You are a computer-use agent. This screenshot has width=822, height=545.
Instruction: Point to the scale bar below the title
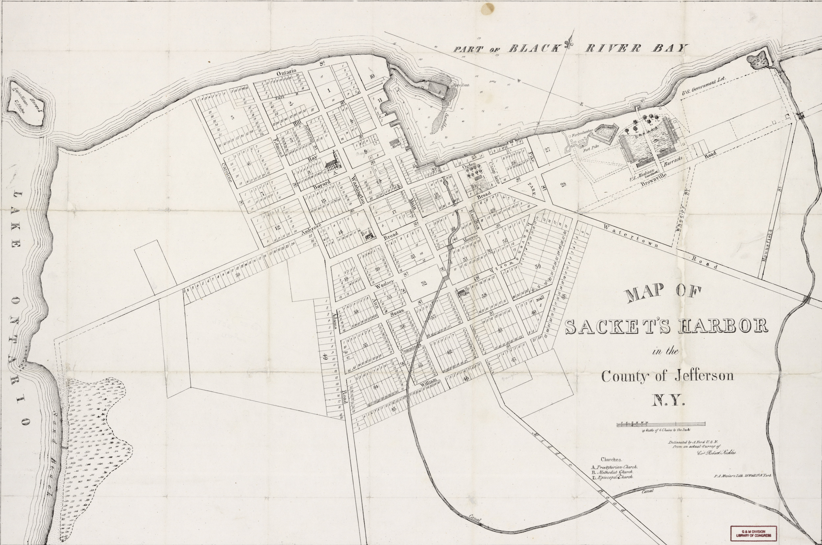(660, 424)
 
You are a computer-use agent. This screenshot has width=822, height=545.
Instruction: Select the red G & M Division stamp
(753, 533)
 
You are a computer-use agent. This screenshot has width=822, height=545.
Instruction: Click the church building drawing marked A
(332, 163)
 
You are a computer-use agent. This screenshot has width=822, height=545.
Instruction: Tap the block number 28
(563, 184)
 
